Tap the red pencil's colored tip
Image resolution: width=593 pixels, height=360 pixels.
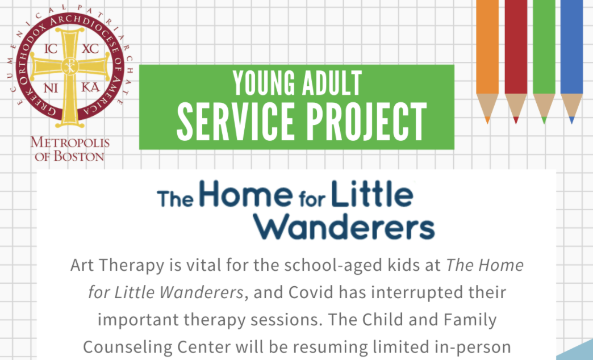[x=516, y=120]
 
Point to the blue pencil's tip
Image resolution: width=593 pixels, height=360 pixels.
[x=571, y=120]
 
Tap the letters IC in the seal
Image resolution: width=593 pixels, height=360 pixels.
[x=51, y=49]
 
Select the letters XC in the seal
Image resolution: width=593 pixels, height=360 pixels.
[x=90, y=49]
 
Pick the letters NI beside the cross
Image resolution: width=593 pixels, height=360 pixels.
[x=51, y=88]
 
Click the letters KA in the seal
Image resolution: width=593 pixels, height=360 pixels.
[x=90, y=88]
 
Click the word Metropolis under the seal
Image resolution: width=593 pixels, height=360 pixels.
[x=70, y=143]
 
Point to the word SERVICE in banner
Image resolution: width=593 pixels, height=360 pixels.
[x=236, y=122]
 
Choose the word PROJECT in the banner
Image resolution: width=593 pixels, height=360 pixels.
[x=366, y=122]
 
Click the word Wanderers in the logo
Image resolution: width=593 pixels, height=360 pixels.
[x=344, y=227]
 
